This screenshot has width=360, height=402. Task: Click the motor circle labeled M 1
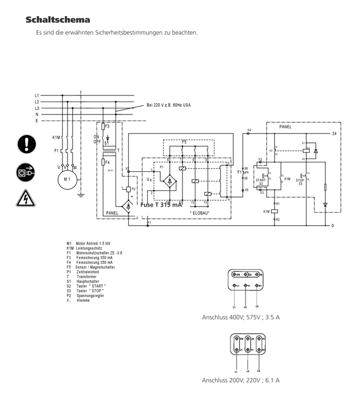[x=68, y=180]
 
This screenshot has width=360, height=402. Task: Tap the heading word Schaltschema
[x=57, y=20]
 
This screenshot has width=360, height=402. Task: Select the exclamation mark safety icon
[x=26, y=144]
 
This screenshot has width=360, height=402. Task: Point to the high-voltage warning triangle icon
[x=26, y=197]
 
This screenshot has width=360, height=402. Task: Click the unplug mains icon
[x=26, y=171]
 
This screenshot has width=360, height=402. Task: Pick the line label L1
[x=37, y=96]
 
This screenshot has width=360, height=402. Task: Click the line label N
[x=37, y=114]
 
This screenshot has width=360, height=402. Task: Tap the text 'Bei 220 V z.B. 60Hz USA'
[x=169, y=105]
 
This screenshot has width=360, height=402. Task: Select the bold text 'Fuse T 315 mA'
[x=161, y=205]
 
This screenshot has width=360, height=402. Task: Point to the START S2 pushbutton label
[x=261, y=181]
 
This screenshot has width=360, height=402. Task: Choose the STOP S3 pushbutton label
[x=300, y=181]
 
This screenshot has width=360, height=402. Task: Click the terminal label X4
[x=249, y=130]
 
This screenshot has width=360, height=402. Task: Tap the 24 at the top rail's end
[x=333, y=134]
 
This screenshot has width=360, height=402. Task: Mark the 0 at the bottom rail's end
[x=333, y=226]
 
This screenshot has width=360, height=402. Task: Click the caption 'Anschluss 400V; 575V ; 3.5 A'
[x=241, y=317]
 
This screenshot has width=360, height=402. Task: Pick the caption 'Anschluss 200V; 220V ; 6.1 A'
[x=241, y=380]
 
